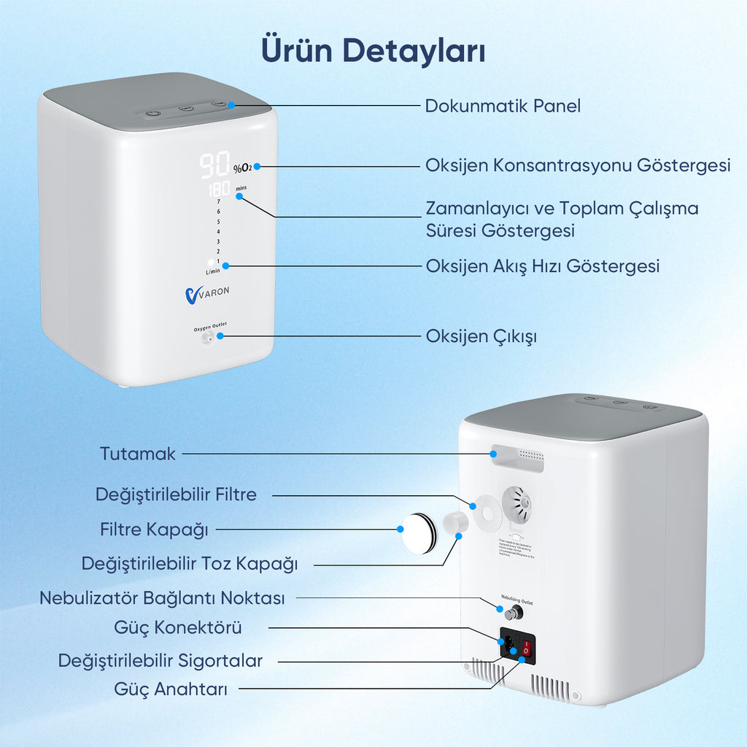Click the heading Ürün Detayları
373,50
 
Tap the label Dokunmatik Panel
503,106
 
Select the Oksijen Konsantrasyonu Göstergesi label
578,166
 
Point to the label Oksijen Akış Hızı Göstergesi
542,266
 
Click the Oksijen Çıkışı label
481,336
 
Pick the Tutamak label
138,454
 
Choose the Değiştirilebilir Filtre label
176,495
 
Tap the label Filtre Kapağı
154,530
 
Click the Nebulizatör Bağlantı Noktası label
162,598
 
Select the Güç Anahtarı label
171,689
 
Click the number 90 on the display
214,166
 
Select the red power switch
526,646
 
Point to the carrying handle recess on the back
518,458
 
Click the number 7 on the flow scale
218,201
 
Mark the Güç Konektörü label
178,627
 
